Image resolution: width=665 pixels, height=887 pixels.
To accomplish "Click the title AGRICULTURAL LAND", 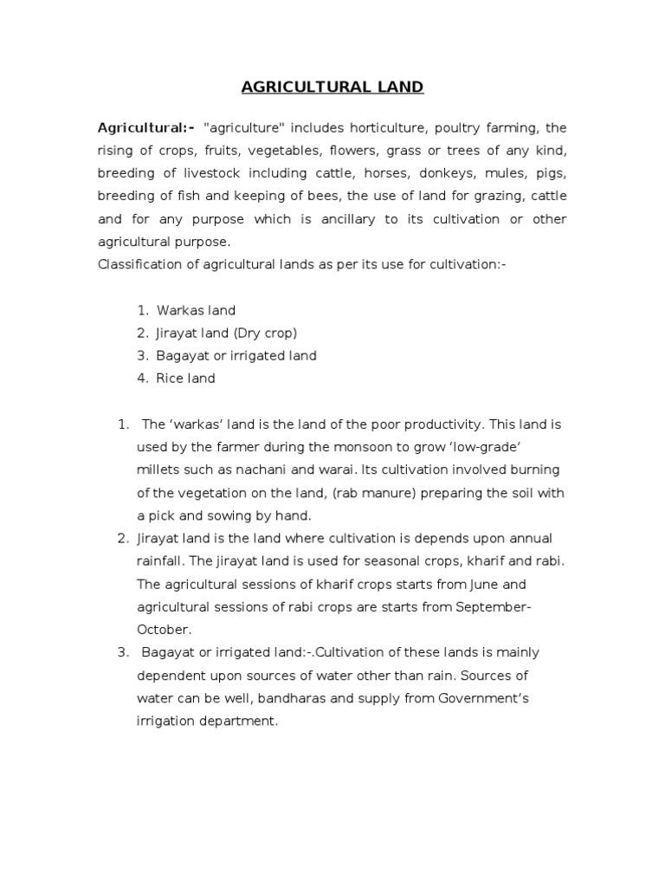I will point(332,87).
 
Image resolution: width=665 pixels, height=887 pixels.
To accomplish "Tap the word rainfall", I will point(161,561).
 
